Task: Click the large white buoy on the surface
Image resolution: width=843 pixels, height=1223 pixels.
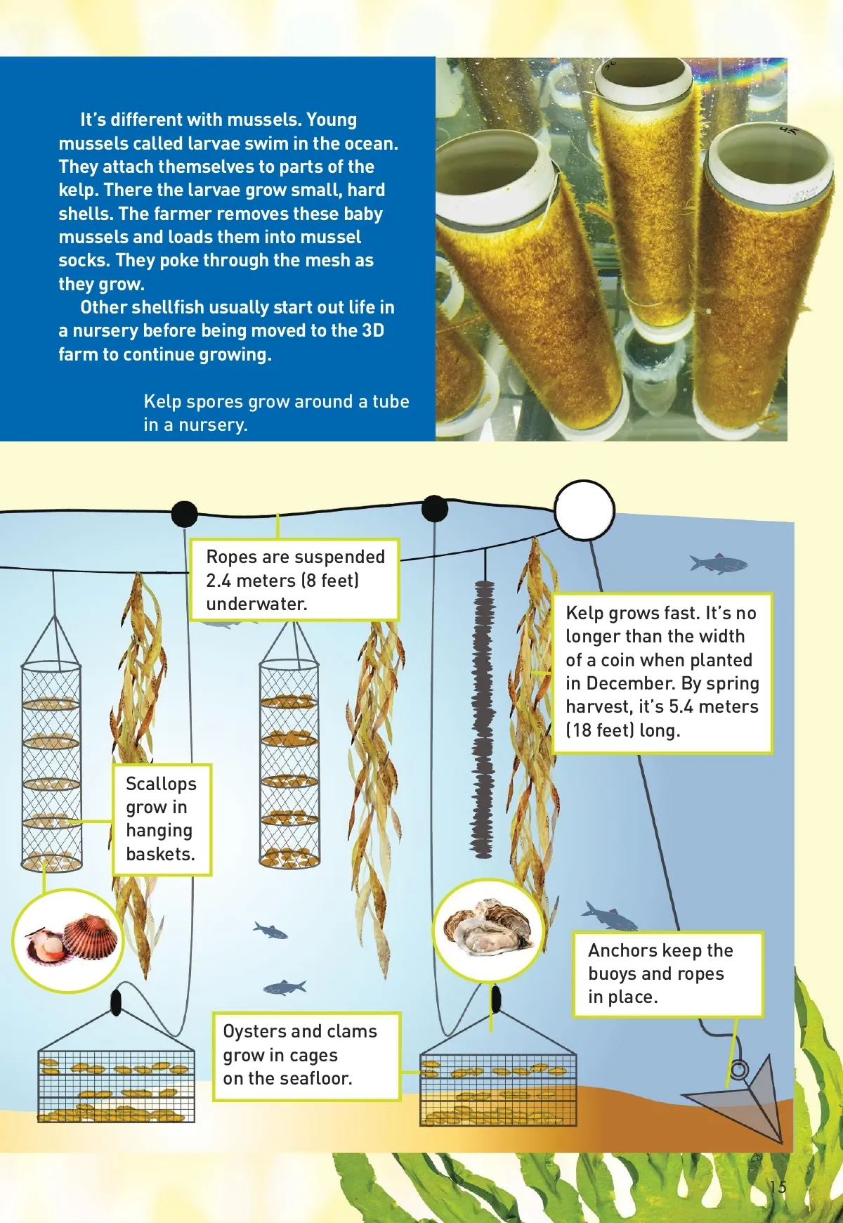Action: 584,510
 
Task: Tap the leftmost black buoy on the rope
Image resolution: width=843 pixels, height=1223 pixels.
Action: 184,514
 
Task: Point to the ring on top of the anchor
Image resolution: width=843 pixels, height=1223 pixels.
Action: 738,1070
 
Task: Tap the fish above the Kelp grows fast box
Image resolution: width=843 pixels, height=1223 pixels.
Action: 718,563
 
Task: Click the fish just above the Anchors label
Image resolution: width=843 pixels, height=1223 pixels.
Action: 608,916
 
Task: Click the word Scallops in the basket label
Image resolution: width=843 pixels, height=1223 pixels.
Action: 161,784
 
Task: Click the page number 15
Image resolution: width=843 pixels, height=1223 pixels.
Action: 777,1187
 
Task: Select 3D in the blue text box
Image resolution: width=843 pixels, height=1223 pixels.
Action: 372,330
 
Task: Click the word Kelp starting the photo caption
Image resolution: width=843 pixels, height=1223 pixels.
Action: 162,401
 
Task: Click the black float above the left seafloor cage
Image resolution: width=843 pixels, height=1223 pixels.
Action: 116,1002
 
